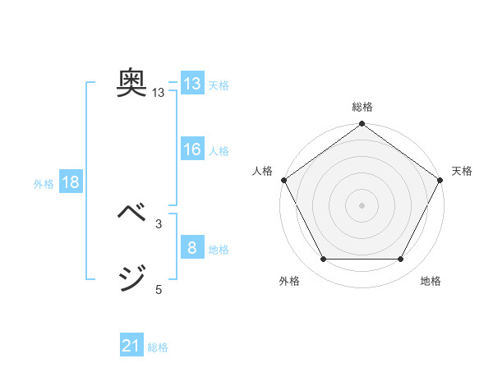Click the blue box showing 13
(191, 84)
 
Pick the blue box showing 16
(191, 149)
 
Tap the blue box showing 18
(71, 182)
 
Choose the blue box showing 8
(191, 248)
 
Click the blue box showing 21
(131, 347)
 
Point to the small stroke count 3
(159, 223)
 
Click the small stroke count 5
(159, 289)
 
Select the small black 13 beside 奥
(159, 94)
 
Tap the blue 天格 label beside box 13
(219, 85)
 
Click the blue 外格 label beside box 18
(44, 184)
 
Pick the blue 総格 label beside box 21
(158, 348)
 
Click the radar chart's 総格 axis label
(362, 108)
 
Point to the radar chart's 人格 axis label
(263, 171)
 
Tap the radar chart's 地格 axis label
(431, 282)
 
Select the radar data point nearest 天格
(440, 180)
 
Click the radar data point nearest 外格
(323, 260)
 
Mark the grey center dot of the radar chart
(362, 204)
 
